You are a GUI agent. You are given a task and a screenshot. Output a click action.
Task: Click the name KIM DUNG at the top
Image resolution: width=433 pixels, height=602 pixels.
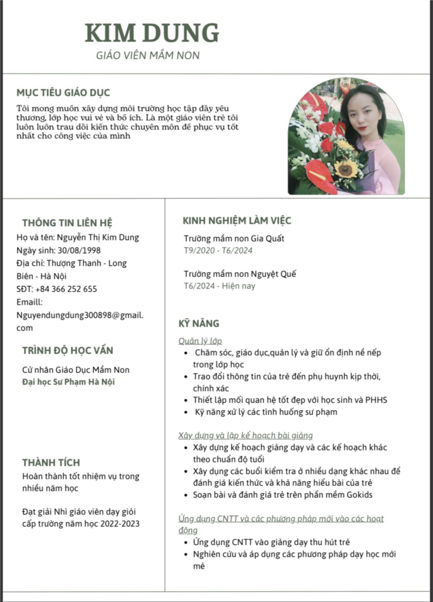[152, 33]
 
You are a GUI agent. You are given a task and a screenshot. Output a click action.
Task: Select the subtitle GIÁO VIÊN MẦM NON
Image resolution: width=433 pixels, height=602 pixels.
[148, 55]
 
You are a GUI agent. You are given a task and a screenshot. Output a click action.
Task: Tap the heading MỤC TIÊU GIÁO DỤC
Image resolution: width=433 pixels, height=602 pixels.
[63, 93]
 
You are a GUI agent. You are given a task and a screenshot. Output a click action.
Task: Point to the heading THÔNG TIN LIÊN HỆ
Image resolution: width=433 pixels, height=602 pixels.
[67, 222]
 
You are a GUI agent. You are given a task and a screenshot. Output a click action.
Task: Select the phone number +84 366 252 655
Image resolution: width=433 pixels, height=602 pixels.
[66, 289]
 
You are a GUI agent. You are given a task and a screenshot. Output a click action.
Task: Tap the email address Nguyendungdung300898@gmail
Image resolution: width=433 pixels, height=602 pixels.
[80, 315]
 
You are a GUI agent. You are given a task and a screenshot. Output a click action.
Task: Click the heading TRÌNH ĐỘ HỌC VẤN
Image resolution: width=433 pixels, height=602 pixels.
[67, 350]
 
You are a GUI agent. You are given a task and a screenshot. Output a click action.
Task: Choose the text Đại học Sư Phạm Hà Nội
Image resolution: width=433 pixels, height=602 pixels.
[69, 382]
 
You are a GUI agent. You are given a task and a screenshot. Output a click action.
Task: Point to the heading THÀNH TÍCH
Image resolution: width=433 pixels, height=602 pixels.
[51, 462]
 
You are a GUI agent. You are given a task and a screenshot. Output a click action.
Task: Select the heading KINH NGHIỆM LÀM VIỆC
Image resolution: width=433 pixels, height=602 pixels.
[237, 220]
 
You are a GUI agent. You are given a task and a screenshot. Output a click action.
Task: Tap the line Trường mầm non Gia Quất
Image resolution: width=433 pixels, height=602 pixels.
[234, 238]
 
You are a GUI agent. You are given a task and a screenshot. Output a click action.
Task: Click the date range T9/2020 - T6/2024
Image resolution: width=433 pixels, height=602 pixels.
[218, 250]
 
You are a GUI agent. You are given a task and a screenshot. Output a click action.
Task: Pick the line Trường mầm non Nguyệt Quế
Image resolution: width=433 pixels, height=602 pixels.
[240, 274]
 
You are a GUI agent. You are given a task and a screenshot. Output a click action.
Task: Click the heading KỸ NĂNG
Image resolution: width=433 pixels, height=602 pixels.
[198, 323]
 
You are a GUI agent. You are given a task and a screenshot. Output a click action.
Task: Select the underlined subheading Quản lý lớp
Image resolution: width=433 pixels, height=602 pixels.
[200, 341]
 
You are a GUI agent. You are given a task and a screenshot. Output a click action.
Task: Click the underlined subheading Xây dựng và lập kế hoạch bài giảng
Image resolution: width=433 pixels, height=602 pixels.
[245, 435]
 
